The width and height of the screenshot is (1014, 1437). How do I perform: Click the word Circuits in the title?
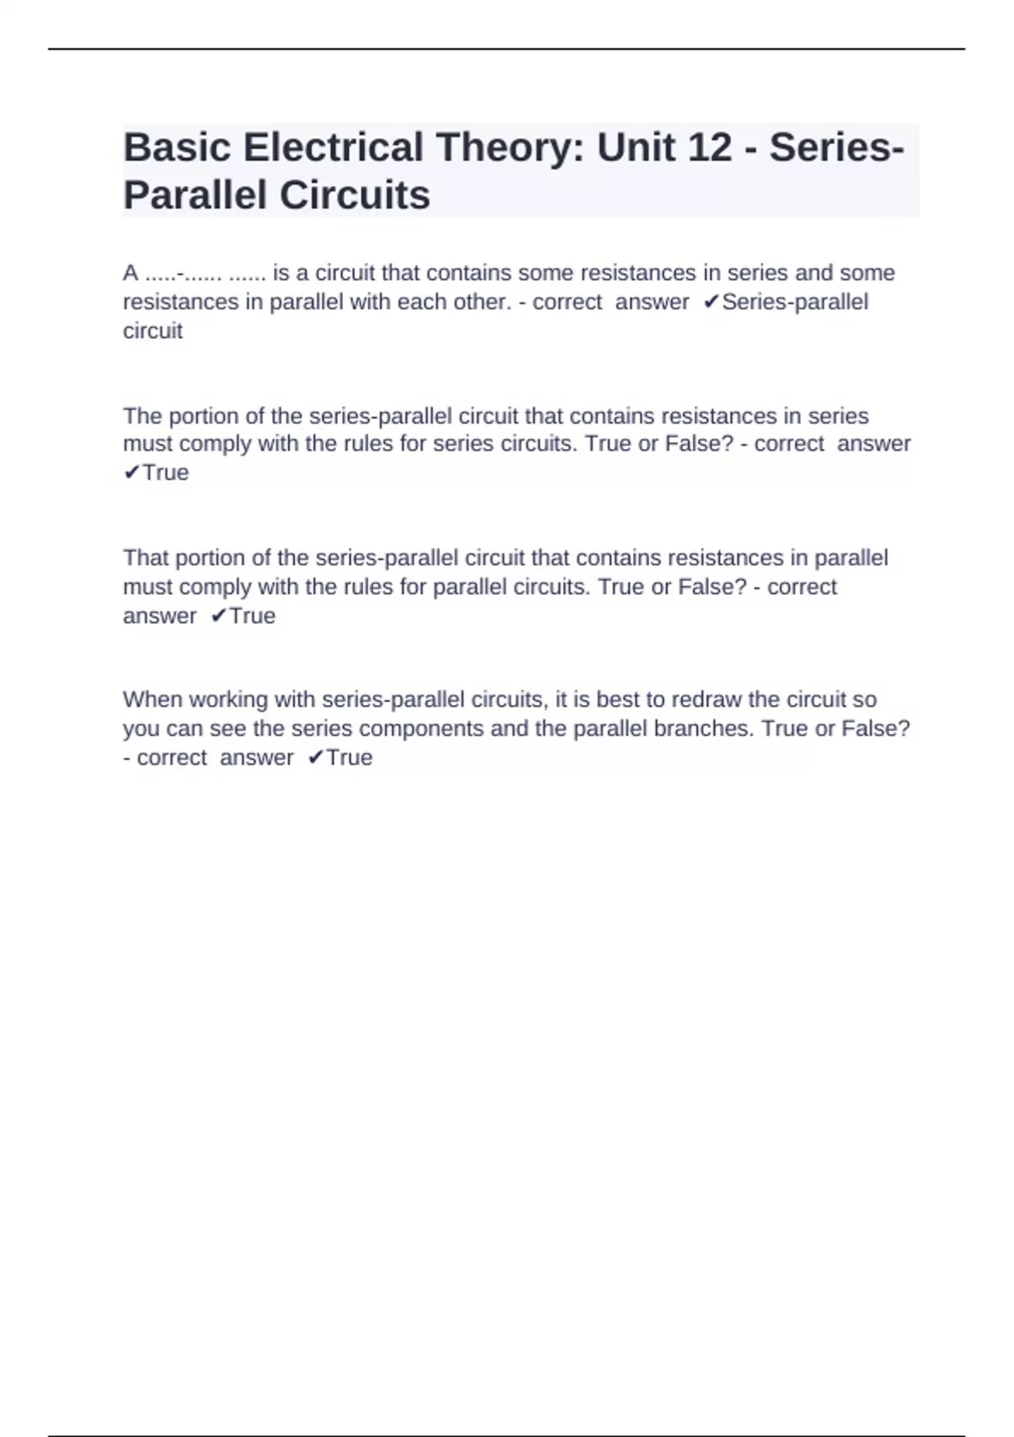point(354,195)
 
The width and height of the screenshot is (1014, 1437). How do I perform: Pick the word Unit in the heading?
point(635,148)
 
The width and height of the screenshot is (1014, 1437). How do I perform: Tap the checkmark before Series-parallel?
point(711,302)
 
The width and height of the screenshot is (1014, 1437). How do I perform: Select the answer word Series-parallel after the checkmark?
point(794,302)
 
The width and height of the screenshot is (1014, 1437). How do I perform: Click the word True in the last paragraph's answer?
point(349,757)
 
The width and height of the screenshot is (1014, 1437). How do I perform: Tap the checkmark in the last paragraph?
point(314,757)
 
